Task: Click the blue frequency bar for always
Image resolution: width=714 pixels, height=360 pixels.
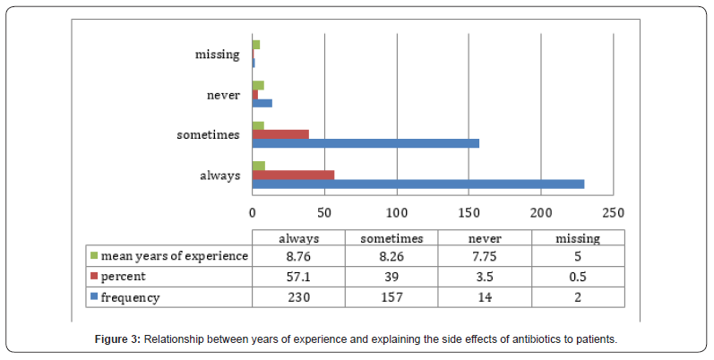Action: pos(417,184)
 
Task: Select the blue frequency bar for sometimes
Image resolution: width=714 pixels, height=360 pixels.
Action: pos(366,143)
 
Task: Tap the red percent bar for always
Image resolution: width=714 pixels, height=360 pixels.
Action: pos(293,175)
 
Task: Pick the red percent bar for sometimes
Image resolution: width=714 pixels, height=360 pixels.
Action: pos(280,134)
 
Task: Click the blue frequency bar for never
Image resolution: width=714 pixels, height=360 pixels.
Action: pos(262,103)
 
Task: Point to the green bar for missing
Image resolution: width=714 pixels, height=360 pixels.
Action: pos(255,45)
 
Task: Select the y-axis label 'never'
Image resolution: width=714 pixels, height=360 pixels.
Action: pos(221,94)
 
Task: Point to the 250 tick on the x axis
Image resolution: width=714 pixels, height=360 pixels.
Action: pos(613,213)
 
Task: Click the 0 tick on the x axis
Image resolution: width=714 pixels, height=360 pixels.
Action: pos(252,213)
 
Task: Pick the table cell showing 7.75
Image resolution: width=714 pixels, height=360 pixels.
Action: pos(485,256)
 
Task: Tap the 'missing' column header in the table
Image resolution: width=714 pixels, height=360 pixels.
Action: pos(578,238)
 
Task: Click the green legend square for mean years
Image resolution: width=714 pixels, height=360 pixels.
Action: pos(94,256)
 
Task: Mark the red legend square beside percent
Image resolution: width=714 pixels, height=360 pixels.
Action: pos(94,277)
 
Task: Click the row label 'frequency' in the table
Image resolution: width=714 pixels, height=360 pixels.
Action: pos(131,297)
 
